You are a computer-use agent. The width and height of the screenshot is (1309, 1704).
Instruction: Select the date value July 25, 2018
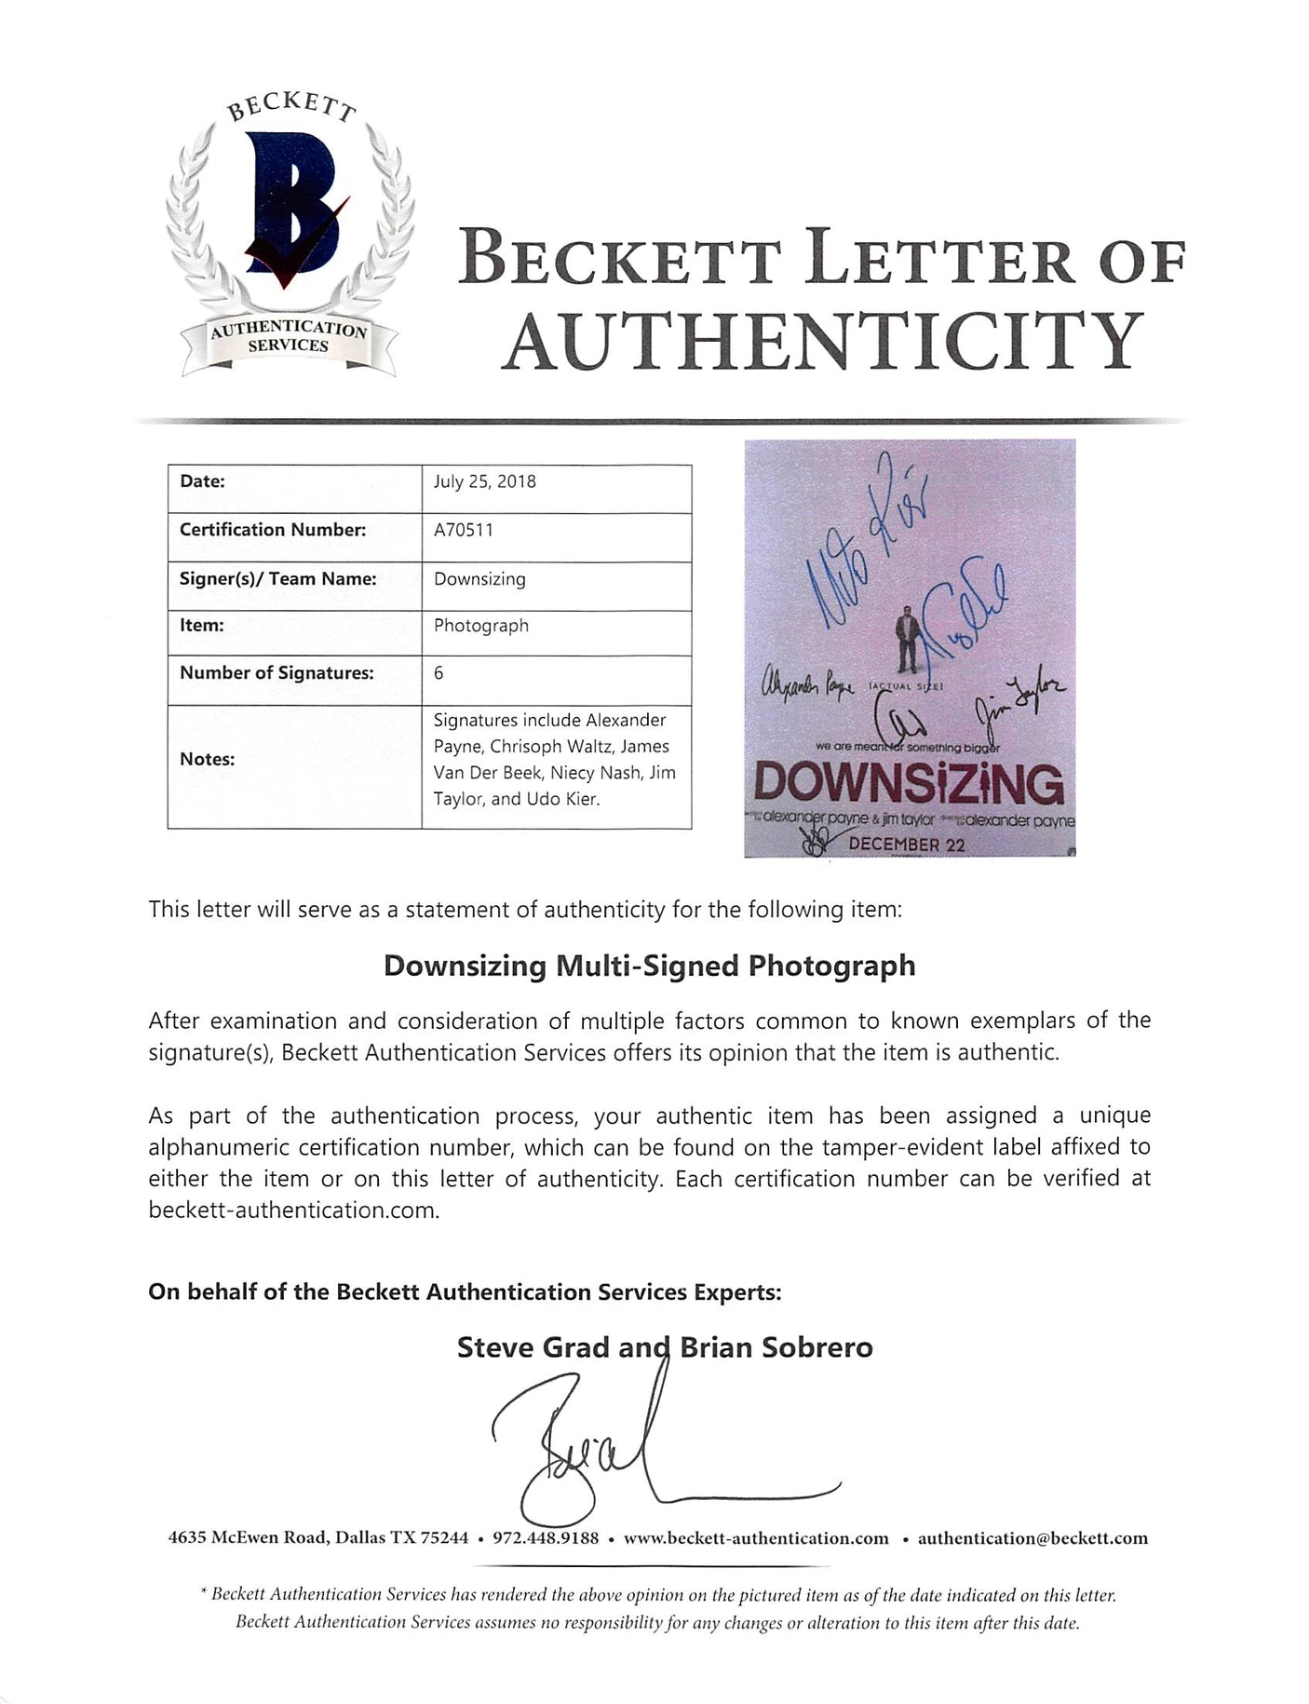(x=484, y=482)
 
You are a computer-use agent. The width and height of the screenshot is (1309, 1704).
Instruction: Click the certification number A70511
(x=464, y=530)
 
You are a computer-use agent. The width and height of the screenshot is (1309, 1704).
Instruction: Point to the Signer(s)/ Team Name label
(x=277, y=579)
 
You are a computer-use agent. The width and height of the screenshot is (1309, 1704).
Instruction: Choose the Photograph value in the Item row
(x=480, y=626)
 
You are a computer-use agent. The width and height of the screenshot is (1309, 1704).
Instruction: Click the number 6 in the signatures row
(x=439, y=672)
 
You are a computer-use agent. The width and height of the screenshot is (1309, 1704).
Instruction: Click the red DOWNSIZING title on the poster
(x=909, y=785)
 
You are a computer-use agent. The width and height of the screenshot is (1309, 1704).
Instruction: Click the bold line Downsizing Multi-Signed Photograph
(x=649, y=966)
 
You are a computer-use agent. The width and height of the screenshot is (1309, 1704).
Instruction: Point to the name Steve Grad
(x=533, y=1347)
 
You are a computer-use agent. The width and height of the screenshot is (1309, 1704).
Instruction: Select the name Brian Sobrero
(x=776, y=1347)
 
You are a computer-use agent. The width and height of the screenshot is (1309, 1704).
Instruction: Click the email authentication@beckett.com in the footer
(x=1032, y=1538)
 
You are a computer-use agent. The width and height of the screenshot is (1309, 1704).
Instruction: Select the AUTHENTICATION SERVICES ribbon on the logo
(x=290, y=337)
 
